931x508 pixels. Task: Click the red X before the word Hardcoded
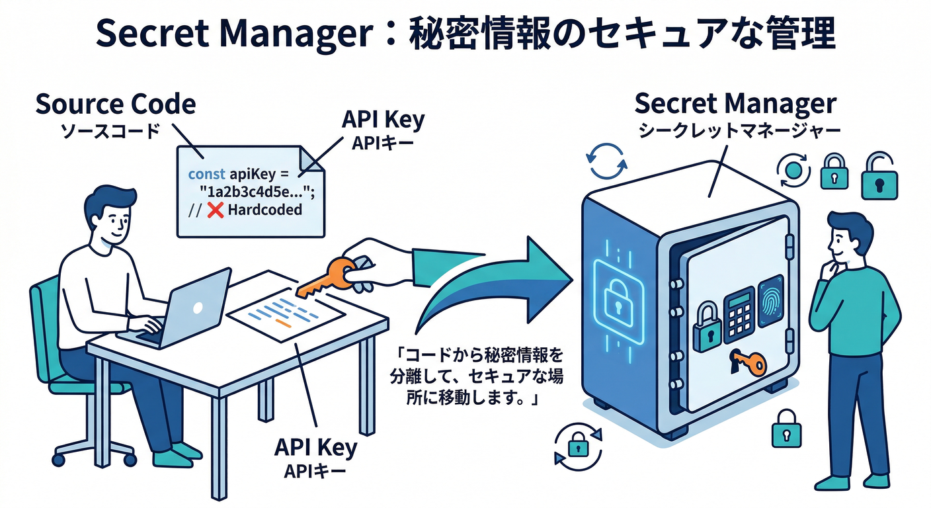pyautogui.click(x=214, y=211)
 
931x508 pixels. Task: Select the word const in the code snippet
pyautogui.click(x=206, y=175)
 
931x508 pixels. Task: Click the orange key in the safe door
pyautogui.click(x=747, y=362)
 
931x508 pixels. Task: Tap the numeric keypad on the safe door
pyautogui.click(x=739, y=314)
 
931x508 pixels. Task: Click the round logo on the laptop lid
pyautogui.click(x=196, y=308)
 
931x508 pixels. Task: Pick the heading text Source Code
pyautogui.click(x=115, y=105)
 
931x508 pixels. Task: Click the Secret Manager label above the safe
pyautogui.click(x=735, y=104)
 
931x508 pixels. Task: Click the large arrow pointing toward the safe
pyautogui.click(x=503, y=278)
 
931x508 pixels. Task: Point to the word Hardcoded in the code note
pyautogui.click(x=263, y=211)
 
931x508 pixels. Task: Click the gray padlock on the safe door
pyautogui.click(x=706, y=328)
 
